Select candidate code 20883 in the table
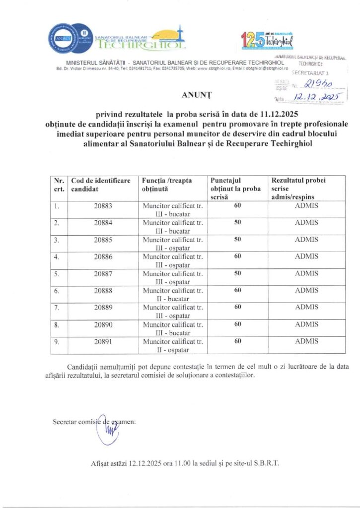103,205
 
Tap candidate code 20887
103,273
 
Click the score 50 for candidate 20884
237,222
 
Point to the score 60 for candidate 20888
237,290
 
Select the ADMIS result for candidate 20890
306,324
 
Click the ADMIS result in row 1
306,205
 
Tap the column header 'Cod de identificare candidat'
101,184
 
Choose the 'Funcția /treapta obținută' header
167,184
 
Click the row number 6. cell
57,290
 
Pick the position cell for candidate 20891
172,345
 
